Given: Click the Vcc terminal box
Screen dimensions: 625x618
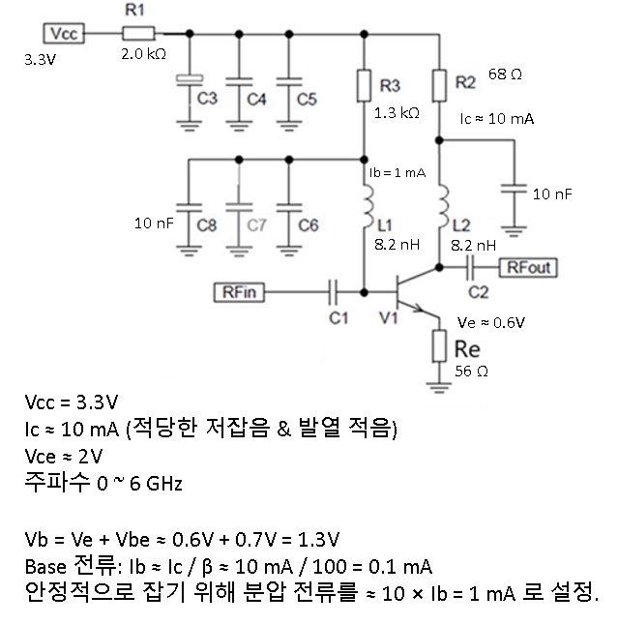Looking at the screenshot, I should point(65,34).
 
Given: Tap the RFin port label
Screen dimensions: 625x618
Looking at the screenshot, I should point(238,289).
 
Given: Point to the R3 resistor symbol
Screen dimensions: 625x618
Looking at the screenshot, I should point(365,84).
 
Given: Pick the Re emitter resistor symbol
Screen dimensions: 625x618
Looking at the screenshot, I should point(438,342).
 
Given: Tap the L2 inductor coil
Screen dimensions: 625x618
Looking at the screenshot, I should point(440,206).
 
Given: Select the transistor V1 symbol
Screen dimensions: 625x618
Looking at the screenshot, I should point(407,293).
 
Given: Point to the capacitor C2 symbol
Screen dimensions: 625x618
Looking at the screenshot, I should point(475,266).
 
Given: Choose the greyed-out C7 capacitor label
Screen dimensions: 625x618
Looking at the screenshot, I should point(255,224).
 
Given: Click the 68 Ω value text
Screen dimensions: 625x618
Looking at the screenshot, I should point(505,74).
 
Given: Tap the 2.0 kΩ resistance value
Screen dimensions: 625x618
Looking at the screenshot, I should point(144,54).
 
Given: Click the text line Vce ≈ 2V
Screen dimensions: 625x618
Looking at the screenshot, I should point(64,455).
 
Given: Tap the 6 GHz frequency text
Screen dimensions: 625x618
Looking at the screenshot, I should point(150,482).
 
